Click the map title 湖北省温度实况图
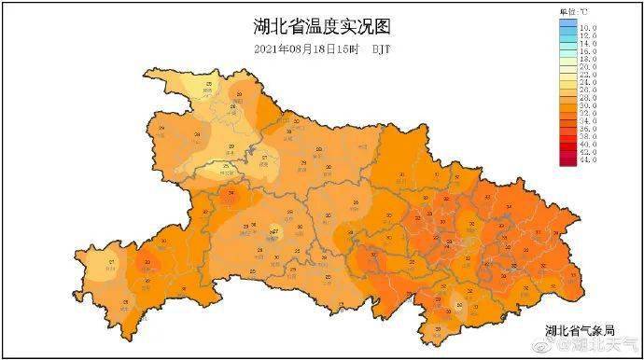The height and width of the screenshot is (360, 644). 321,24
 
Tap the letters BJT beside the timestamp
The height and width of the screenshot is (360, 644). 381,48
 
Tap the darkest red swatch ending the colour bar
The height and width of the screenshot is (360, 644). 567,160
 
